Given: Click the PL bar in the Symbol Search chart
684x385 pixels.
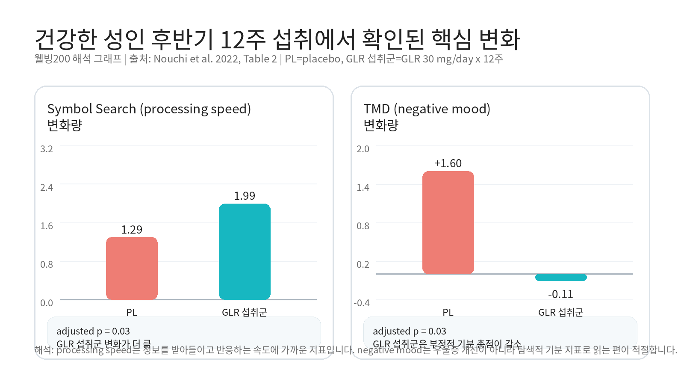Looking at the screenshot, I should (x=132, y=268).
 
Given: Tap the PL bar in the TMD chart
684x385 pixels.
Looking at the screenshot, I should (x=448, y=222).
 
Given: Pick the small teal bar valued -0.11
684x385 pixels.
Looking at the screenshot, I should (x=561, y=277).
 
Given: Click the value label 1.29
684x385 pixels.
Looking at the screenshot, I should (x=132, y=230).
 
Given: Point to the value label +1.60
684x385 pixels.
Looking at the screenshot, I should (x=448, y=163).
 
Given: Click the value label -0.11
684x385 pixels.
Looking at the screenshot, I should (x=560, y=294).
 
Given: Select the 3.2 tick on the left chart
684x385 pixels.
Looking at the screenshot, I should (x=47, y=149).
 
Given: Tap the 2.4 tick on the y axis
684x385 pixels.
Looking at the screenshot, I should (x=47, y=187).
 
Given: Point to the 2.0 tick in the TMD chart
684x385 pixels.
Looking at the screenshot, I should (x=363, y=149).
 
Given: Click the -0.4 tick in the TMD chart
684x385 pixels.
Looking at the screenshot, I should (x=362, y=303).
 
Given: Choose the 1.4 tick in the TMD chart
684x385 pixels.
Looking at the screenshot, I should (x=363, y=187).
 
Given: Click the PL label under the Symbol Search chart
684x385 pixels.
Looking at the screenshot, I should (x=132, y=312).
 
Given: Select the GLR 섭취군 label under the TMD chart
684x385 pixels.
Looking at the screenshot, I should (x=560, y=312).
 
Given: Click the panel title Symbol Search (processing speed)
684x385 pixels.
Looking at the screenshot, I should (x=149, y=109).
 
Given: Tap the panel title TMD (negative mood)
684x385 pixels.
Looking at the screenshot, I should (x=427, y=109).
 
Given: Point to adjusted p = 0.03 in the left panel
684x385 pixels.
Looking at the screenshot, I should (x=93, y=331).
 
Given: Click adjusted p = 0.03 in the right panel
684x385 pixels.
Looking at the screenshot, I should (x=410, y=331).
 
